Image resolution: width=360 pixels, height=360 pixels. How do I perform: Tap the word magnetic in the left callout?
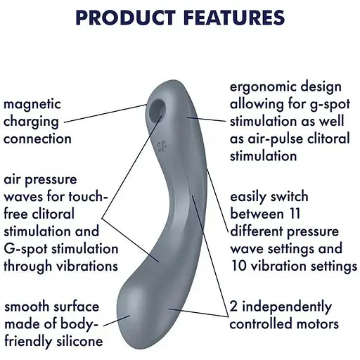click(32, 104)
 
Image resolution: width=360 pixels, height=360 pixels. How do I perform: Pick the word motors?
click(317, 324)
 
